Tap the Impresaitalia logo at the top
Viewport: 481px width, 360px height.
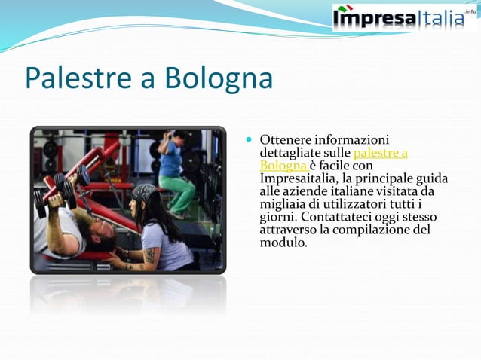400,17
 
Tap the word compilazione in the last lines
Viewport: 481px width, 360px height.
376,230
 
